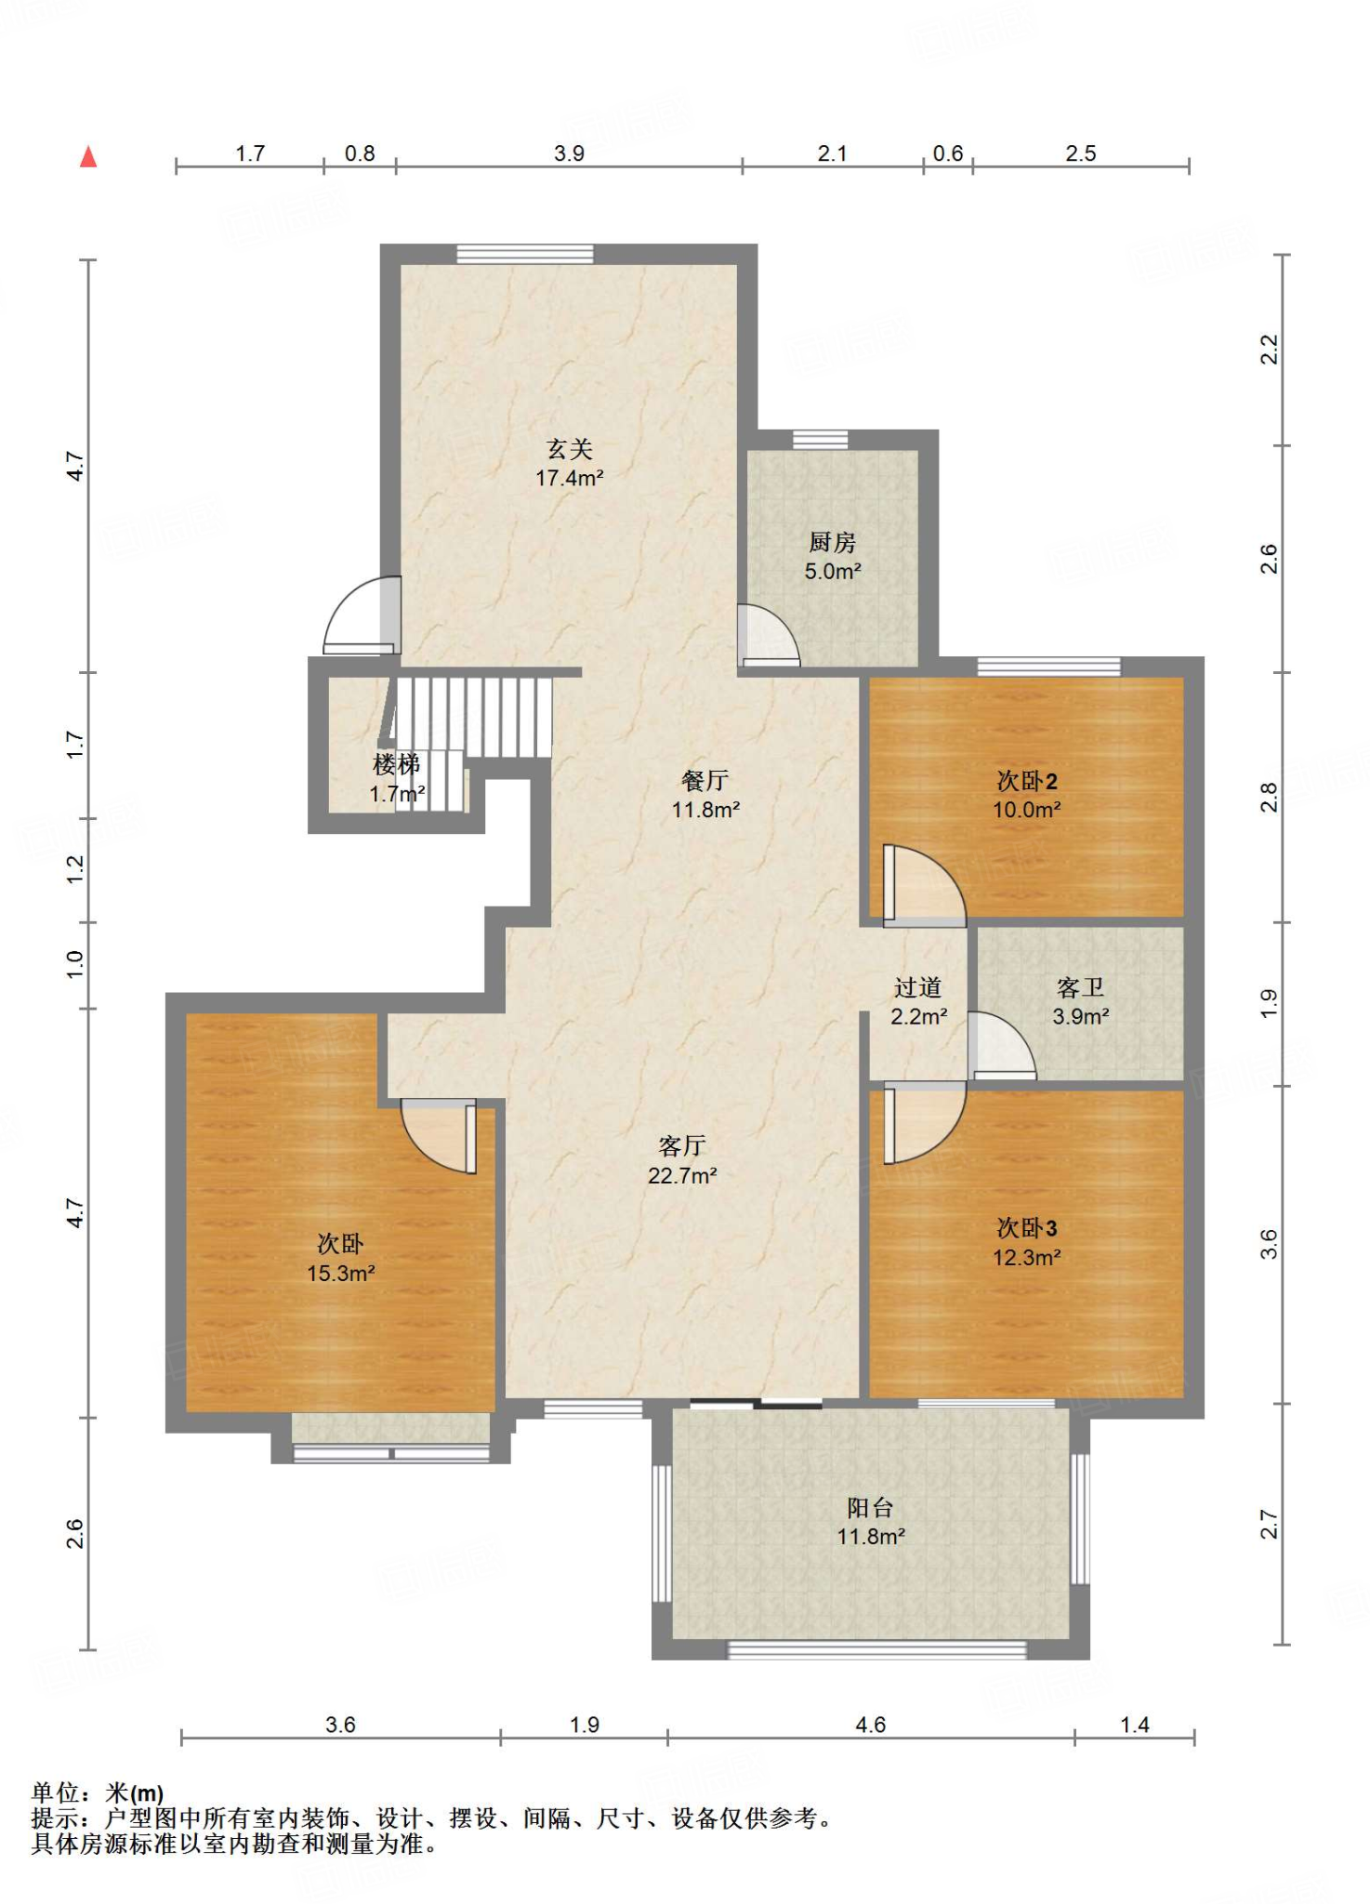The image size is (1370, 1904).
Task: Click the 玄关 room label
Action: (x=569, y=449)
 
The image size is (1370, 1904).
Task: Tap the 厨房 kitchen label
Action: (x=832, y=542)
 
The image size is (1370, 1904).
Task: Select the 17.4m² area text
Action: (x=569, y=478)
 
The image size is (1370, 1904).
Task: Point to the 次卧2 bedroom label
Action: (x=1027, y=781)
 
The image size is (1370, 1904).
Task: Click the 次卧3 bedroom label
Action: (x=1027, y=1228)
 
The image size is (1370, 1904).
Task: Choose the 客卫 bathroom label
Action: (x=1080, y=987)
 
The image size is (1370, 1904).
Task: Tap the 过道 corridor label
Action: (x=918, y=987)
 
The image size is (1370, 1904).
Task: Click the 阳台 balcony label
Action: (x=870, y=1507)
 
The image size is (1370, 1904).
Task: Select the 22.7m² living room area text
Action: (x=682, y=1176)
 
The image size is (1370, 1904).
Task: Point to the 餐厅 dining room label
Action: (x=705, y=780)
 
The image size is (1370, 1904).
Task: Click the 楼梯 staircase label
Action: (x=397, y=764)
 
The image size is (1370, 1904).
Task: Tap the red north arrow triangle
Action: (x=88, y=156)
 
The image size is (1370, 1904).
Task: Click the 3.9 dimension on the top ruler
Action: (x=569, y=153)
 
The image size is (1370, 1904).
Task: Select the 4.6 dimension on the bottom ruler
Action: (x=870, y=1725)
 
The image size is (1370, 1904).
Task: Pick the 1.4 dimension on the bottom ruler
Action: (x=1135, y=1725)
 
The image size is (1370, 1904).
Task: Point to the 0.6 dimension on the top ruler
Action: (x=947, y=153)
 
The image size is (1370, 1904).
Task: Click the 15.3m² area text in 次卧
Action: (x=341, y=1274)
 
